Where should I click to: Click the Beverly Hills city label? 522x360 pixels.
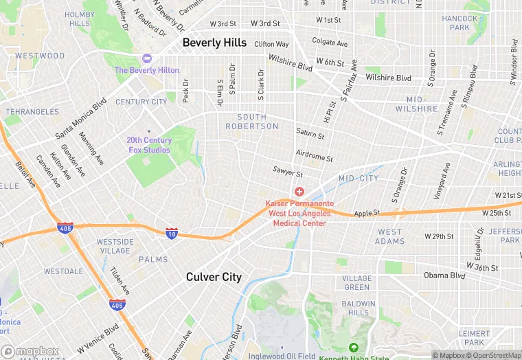click(x=214, y=43)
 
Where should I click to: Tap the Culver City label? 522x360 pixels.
click(x=214, y=277)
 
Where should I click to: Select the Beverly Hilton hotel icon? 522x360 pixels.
click(x=146, y=58)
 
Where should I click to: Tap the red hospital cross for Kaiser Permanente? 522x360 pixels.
click(x=299, y=192)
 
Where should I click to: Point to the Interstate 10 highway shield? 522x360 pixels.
click(x=172, y=234)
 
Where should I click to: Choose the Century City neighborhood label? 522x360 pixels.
click(x=141, y=102)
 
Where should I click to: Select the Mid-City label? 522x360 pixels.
click(x=359, y=179)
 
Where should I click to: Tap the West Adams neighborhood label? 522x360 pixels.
click(x=389, y=236)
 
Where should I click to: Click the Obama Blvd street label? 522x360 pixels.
click(x=444, y=275)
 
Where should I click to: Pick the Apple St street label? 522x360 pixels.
click(x=367, y=214)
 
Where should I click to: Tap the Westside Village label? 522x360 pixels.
click(x=115, y=246)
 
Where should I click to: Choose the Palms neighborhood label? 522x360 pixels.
click(x=153, y=260)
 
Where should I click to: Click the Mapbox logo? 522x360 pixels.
click(x=30, y=351)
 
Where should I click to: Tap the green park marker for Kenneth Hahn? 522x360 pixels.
click(x=354, y=348)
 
